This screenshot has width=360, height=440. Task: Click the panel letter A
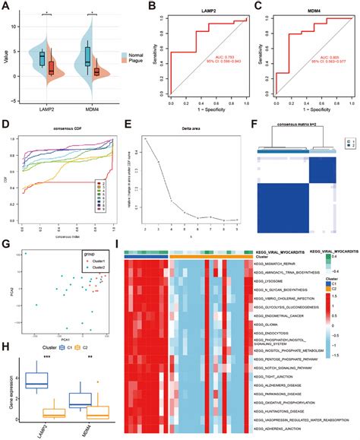(x=6, y=6)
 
